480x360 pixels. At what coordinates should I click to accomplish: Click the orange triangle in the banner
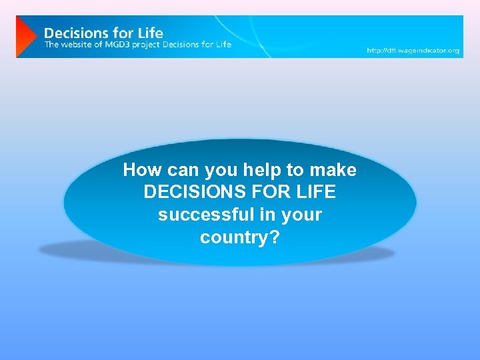[x=25, y=37]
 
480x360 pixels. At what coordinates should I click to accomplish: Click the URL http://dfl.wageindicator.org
[x=413, y=51]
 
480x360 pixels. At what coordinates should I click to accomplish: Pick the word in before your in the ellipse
[x=272, y=215]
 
